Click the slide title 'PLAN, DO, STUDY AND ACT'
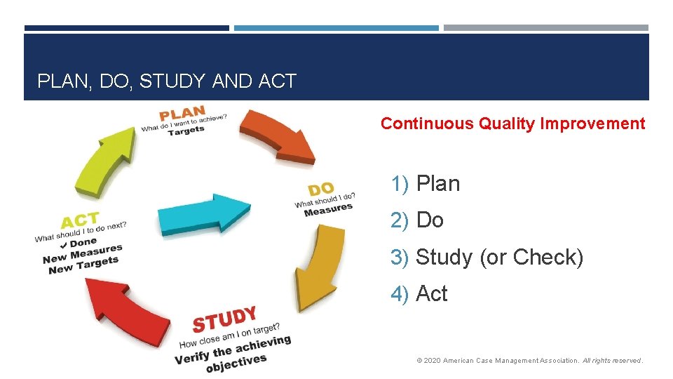[x=167, y=81]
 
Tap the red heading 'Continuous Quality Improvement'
[x=512, y=124]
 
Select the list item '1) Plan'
[x=426, y=184]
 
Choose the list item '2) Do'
[x=417, y=220]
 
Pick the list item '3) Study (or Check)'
[x=487, y=258]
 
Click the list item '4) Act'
[x=419, y=294]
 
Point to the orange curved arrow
[x=278, y=137]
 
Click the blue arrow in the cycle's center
[x=204, y=213]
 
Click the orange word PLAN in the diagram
[x=182, y=114]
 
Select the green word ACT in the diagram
[x=80, y=221]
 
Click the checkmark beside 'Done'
[x=64, y=245]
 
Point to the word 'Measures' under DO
[x=328, y=209]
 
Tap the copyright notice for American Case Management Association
[x=529, y=361]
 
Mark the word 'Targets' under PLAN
[x=186, y=131]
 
